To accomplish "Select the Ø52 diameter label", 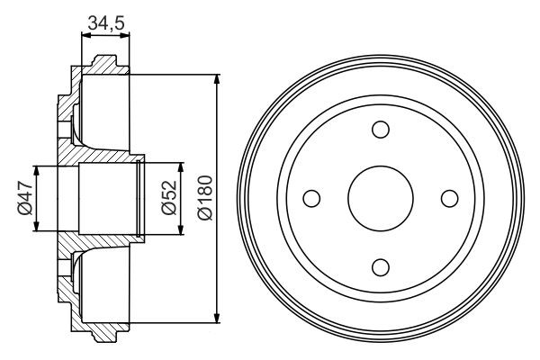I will [x=166, y=199].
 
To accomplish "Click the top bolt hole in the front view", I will [x=380, y=129].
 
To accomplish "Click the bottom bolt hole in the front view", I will [x=380, y=265].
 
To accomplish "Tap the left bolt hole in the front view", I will [x=311, y=197].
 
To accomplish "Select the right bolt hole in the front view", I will [x=448, y=197].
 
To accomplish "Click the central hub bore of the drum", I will [x=380, y=197].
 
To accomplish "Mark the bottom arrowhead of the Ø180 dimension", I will [x=217, y=316].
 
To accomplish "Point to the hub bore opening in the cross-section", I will [x=103, y=198].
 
